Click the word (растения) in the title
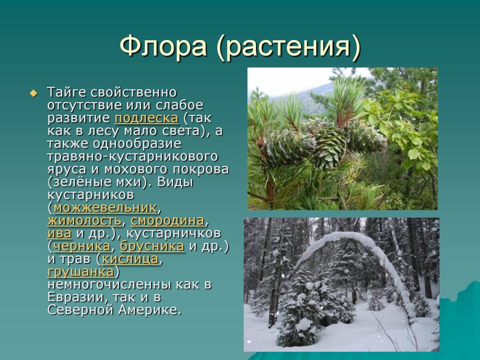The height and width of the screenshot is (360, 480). (x=289, y=48)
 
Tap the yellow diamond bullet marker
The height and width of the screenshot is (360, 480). (x=34, y=93)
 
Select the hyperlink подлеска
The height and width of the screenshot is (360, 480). (x=146, y=118)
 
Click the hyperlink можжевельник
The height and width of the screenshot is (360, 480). (x=105, y=208)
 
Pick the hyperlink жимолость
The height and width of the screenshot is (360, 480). (x=84, y=221)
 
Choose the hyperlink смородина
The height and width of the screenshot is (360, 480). (x=167, y=221)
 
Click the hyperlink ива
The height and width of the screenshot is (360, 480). (x=59, y=233)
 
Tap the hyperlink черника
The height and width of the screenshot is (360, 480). (x=81, y=246)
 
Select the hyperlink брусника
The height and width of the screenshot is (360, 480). (x=152, y=246)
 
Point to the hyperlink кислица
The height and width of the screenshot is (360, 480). (x=130, y=259)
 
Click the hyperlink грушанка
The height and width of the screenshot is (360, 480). (x=81, y=272)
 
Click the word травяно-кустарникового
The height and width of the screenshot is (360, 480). (x=132, y=157)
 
